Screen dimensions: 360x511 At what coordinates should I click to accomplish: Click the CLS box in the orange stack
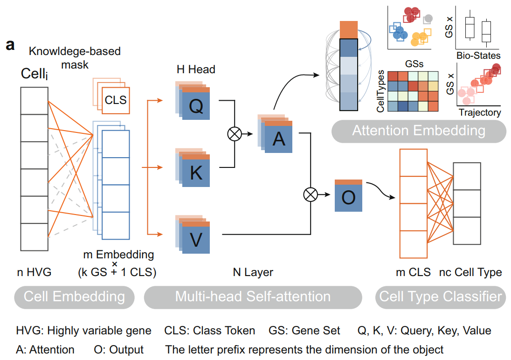click(x=116, y=99)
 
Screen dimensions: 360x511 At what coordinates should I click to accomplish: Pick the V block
click(x=196, y=240)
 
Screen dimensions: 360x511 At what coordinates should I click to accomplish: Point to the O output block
click(x=348, y=197)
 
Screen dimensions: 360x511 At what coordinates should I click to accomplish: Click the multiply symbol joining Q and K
click(x=233, y=134)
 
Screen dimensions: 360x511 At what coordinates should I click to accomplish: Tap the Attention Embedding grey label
click(x=418, y=130)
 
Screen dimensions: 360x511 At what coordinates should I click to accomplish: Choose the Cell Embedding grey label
click(x=74, y=297)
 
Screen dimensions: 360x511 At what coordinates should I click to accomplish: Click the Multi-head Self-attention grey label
click(x=253, y=297)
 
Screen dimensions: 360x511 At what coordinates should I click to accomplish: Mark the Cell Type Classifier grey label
click(x=440, y=297)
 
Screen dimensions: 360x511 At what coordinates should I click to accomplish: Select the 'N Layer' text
click(x=253, y=272)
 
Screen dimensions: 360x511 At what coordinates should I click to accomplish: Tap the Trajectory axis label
click(x=480, y=112)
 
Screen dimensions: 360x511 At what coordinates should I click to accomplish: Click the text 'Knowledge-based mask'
click(x=75, y=57)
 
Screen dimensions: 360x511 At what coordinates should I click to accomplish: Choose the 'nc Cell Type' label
click(x=470, y=272)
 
